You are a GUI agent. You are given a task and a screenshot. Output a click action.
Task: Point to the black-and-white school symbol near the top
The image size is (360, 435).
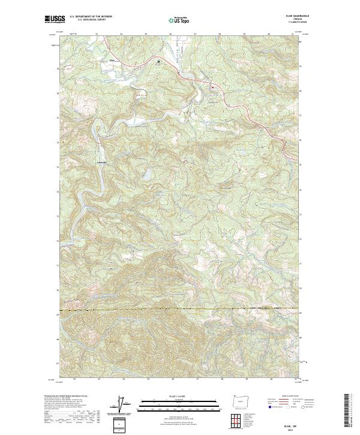(158, 61)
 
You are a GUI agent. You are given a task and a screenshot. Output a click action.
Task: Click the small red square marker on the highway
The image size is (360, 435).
(211, 87)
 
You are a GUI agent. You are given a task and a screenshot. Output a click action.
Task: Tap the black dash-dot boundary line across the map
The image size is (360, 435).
(180, 309)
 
